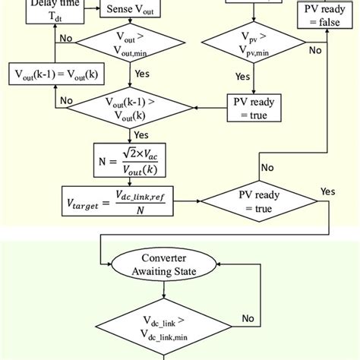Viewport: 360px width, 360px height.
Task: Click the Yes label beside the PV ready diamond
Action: (x=328, y=191)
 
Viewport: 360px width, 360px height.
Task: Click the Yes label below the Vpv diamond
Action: (x=242, y=77)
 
